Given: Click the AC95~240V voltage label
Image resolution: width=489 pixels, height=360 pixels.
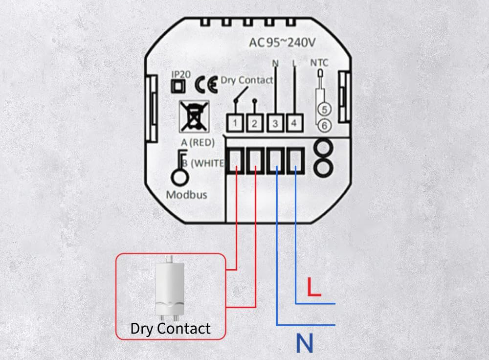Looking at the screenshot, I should pyautogui.click(x=282, y=43).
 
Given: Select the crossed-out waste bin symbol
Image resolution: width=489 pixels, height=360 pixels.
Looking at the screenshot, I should pyautogui.click(x=194, y=115).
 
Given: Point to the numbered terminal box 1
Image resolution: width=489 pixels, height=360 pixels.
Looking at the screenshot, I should pyautogui.click(x=235, y=124).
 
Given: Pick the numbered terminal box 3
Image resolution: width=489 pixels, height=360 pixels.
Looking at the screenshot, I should pyautogui.click(x=275, y=124).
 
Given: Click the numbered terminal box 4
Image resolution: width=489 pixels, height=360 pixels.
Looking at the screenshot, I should pyautogui.click(x=293, y=124).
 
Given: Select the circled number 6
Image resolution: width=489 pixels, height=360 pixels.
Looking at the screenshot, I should pyautogui.click(x=323, y=126).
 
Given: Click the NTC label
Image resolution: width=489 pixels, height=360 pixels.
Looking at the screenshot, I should pyautogui.click(x=320, y=63).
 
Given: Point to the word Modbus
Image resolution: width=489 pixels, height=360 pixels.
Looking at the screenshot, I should pyautogui.click(x=186, y=195).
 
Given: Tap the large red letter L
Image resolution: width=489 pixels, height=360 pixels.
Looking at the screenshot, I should pyautogui.click(x=313, y=287).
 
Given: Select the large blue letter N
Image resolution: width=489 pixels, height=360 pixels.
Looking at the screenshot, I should pyautogui.click(x=304, y=344).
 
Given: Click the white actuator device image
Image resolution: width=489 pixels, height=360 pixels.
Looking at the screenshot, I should pyautogui.click(x=170, y=288).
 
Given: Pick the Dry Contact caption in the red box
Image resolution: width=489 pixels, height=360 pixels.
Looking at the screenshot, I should pyautogui.click(x=170, y=329).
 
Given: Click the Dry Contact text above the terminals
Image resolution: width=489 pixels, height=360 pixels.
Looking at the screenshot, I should pyautogui.click(x=247, y=80).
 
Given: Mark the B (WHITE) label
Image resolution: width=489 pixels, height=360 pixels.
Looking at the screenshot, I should pyautogui.click(x=203, y=163).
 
